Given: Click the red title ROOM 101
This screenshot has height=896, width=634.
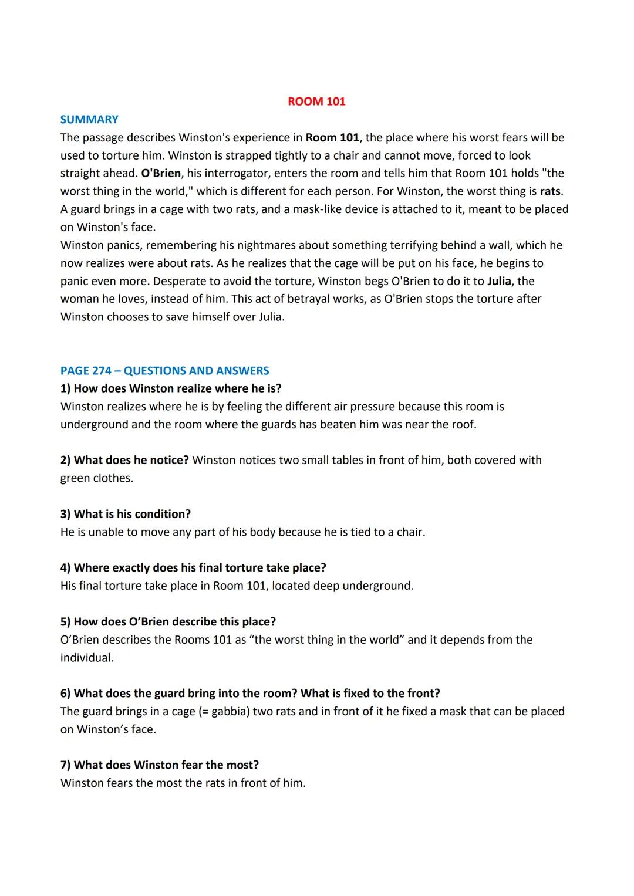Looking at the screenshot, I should [x=316, y=102].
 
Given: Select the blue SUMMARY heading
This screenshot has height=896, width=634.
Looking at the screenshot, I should [x=89, y=120].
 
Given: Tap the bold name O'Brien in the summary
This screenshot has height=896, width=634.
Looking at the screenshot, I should [x=161, y=173].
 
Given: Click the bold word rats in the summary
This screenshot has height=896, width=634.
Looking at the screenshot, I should [x=550, y=191].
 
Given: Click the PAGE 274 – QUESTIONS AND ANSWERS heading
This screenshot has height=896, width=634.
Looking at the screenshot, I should [x=164, y=371].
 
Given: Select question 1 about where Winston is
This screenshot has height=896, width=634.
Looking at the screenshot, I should [x=171, y=388].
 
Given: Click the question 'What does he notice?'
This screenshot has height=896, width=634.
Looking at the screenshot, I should [x=124, y=460].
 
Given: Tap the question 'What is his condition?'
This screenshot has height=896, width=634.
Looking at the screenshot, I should [x=126, y=514].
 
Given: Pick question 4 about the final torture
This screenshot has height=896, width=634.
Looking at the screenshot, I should [x=193, y=568].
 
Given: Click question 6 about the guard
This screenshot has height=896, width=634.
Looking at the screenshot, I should [x=250, y=694].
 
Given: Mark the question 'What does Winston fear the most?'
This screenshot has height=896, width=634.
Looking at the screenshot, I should [x=160, y=765].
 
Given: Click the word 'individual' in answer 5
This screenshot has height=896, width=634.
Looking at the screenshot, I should [x=86, y=658].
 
